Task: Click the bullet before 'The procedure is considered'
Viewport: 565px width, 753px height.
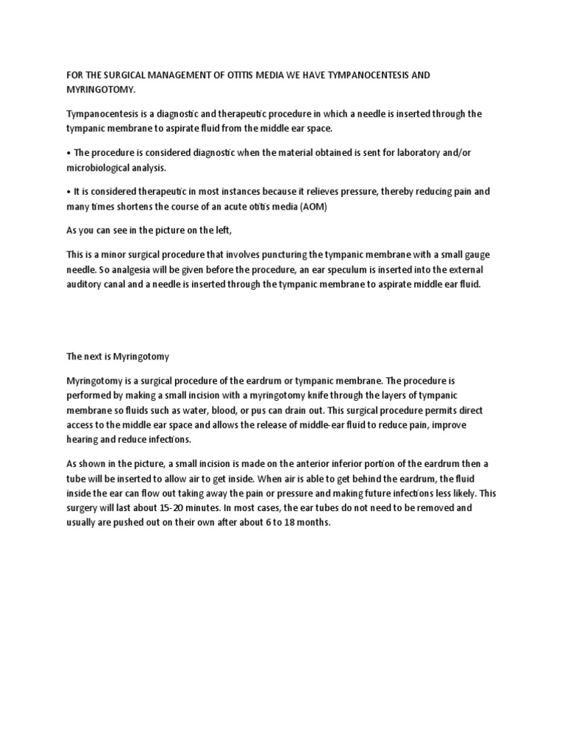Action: click(68, 153)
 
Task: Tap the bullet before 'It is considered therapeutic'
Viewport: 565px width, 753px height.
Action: click(68, 192)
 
